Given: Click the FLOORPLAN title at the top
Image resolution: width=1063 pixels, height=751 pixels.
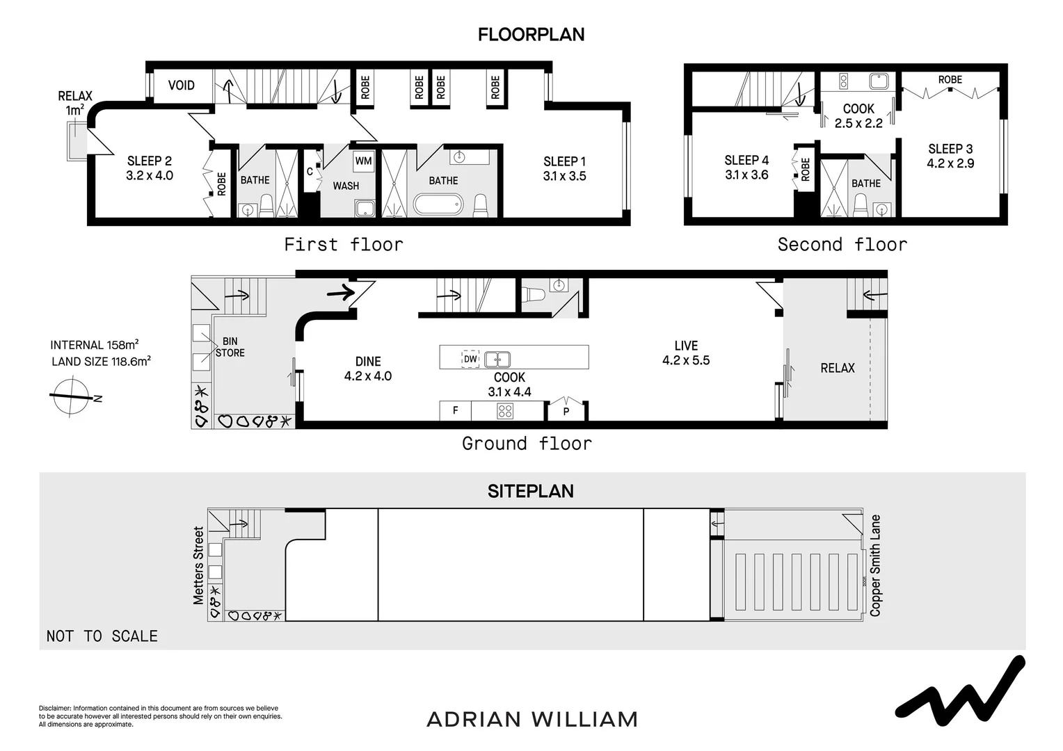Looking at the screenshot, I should click(531, 34).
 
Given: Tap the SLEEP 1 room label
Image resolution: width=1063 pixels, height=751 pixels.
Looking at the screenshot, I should click(564, 161).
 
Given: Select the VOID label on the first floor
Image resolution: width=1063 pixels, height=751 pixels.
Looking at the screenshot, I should click(182, 86).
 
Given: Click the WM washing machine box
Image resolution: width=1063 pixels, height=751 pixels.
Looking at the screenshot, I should click(363, 161).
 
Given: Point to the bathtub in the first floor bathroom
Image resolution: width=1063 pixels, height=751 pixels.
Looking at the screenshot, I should click(438, 204).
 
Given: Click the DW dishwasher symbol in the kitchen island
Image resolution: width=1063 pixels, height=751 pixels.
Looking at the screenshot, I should click(470, 359).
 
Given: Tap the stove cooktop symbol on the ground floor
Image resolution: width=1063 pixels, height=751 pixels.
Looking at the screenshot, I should click(504, 411).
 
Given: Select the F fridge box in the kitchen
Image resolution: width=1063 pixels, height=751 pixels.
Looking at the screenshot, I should click(455, 411).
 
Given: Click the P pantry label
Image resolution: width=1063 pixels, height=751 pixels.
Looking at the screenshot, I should click(566, 412).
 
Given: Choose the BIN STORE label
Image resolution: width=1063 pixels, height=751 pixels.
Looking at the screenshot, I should click(230, 347).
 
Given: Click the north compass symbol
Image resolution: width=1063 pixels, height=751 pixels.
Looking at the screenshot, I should click(71, 396).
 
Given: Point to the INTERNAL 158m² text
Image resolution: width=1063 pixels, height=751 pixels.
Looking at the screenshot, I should click(94, 345).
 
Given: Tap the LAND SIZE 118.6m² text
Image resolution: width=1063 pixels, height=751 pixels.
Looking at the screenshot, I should click(101, 361).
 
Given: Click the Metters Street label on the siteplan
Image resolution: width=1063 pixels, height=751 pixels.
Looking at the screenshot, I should click(199, 565).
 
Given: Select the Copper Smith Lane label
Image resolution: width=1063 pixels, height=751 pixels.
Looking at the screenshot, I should click(875, 565).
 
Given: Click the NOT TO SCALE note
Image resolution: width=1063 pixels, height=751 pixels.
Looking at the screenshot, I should click(102, 636).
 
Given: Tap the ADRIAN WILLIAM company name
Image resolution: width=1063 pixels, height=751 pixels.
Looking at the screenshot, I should click(531, 719).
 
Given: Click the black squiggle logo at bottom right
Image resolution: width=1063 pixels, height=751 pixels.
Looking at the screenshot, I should click(959, 688).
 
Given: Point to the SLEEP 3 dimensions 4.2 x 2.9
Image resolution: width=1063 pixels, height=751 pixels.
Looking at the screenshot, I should click(950, 164).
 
